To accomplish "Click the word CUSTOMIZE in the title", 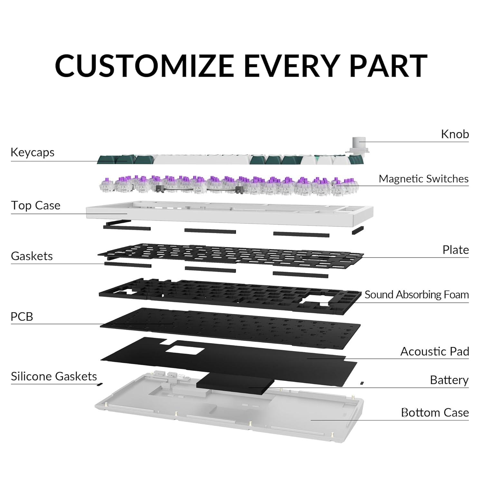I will tap(144, 66).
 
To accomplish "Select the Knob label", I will tap(455, 134).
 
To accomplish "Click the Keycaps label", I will tap(33, 152).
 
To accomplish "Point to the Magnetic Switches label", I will tap(423, 179).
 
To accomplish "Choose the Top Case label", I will tap(36, 205).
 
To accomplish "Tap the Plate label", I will tap(455, 250).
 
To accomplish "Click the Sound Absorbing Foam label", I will tap(416, 295).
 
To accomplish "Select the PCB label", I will tap(22, 317).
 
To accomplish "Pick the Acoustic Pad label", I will tap(434, 351).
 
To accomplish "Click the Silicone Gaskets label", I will tap(54, 376).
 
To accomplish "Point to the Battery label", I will tap(449, 380).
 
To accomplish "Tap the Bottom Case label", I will tap(435, 412).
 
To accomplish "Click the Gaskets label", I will tap(32, 256).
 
